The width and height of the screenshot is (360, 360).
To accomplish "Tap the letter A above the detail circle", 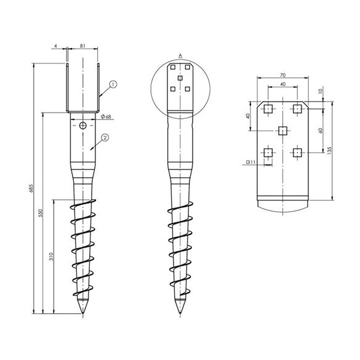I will pos(180,55).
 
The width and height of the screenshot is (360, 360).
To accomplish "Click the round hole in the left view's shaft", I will pos(83,126).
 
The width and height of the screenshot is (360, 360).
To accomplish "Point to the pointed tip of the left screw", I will pos(83,316).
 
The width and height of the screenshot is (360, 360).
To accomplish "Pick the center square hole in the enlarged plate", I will pos(282,130).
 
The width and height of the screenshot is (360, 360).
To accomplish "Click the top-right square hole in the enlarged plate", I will pos(297,109).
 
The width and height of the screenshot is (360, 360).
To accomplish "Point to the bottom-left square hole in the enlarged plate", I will pos(268,152).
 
